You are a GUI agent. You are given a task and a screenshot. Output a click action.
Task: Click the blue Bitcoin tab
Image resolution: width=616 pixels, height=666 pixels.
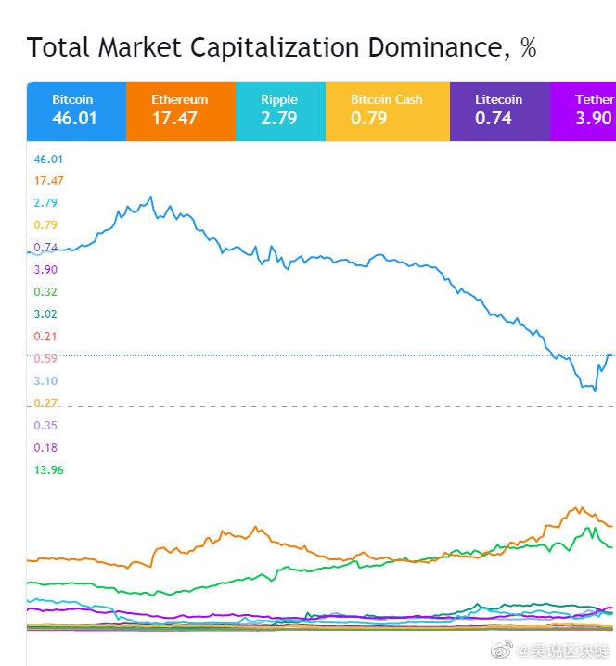point(76,111)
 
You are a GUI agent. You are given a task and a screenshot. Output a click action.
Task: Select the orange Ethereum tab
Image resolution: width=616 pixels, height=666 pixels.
point(181,111)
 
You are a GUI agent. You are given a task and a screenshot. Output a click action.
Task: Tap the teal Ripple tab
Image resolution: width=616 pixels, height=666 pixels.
point(281,111)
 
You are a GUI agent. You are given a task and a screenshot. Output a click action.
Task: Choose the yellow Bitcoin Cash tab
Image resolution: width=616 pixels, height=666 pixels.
point(388,111)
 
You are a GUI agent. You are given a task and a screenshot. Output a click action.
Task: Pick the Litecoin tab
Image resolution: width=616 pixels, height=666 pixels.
point(500,111)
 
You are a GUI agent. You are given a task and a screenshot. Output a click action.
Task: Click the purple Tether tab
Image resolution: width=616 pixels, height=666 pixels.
point(584,111)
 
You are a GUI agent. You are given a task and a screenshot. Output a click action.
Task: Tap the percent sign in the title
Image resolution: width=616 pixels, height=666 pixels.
point(528,47)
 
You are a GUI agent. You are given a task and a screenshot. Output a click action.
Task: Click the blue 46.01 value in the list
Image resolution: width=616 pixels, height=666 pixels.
point(48,160)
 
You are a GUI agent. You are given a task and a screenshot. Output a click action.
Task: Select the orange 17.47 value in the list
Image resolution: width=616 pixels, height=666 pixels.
point(48,181)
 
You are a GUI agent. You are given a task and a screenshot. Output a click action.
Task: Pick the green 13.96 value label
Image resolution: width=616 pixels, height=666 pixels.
point(48,469)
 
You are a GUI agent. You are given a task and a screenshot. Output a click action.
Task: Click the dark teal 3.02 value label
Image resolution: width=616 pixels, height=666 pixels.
point(45,314)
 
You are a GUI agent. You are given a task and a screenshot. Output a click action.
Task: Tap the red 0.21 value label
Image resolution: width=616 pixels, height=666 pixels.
point(45,337)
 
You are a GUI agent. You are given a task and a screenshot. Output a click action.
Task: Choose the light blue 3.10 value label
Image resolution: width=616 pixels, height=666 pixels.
point(45,380)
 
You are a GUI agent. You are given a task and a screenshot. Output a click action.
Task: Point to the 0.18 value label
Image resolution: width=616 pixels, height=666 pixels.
point(45,448)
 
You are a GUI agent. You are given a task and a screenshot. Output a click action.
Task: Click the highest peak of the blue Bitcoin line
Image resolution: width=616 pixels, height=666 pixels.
point(150,197)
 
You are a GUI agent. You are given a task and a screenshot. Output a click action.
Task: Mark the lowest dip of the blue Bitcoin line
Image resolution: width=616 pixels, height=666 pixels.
point(595,391)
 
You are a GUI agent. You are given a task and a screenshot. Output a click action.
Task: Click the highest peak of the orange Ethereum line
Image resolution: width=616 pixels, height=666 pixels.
point(582,507)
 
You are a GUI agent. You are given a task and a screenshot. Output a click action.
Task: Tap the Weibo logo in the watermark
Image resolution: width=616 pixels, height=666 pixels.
point(501,649)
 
